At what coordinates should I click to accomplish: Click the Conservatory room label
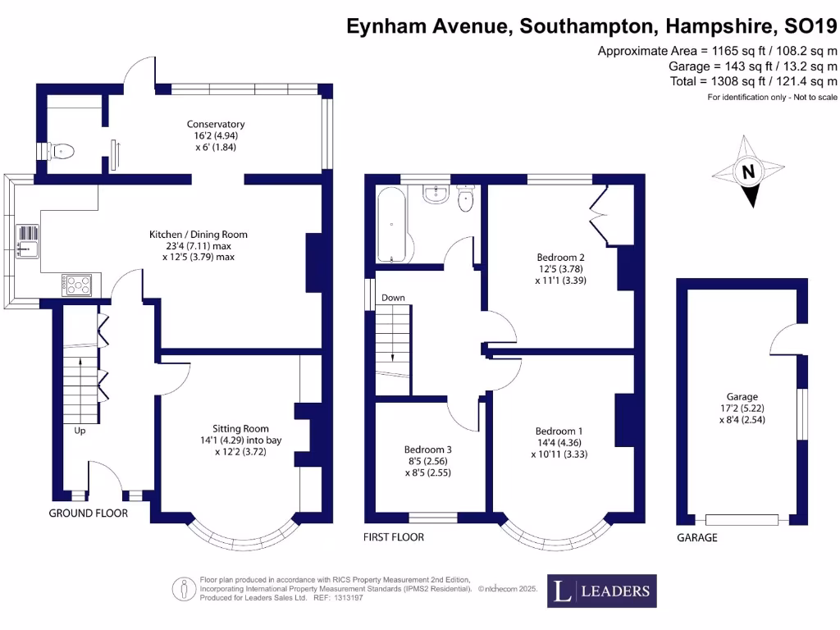215,125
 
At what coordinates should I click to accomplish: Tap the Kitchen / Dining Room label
198,235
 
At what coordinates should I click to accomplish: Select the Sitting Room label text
240,428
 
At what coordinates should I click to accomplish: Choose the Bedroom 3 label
427,450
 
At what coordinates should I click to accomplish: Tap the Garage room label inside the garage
741,396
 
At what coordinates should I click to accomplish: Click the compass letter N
747,172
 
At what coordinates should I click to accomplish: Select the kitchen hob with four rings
77,285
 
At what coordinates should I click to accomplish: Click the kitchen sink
27,240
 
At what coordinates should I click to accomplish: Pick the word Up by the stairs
80,430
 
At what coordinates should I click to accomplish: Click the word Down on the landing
393,298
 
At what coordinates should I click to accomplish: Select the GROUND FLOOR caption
89,514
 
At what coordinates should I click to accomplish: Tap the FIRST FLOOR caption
394,537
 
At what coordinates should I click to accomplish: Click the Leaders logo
601,591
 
